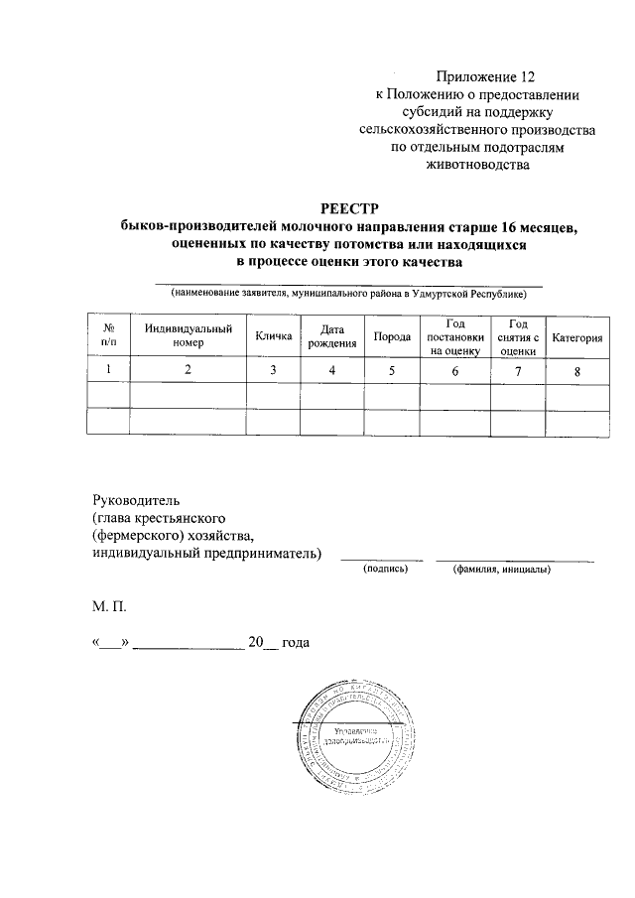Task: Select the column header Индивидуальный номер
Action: pos(188,336)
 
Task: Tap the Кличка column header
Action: pos(273,336)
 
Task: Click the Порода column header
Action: pos(392,337)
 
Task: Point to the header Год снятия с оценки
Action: pos(518,336)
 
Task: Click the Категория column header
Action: pos(577,337)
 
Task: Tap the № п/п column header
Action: pos(109,336)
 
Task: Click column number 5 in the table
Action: pos(392,371)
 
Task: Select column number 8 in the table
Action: pos(576,372)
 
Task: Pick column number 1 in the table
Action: pos(109,370)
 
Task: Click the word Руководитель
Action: pos(137,500)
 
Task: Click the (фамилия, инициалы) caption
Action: pos(501,571)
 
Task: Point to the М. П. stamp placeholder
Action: pos(109,603)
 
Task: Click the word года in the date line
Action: pos(296,643)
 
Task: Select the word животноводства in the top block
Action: pos(476,165)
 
